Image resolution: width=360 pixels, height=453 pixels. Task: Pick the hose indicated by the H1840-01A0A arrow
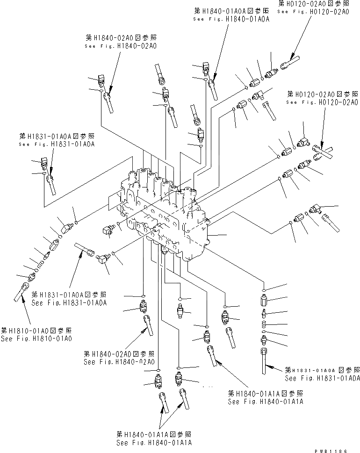click(213, 89)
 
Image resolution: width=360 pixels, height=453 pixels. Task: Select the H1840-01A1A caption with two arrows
click(154, 438)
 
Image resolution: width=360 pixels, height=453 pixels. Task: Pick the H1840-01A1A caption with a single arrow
click(266, 397)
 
